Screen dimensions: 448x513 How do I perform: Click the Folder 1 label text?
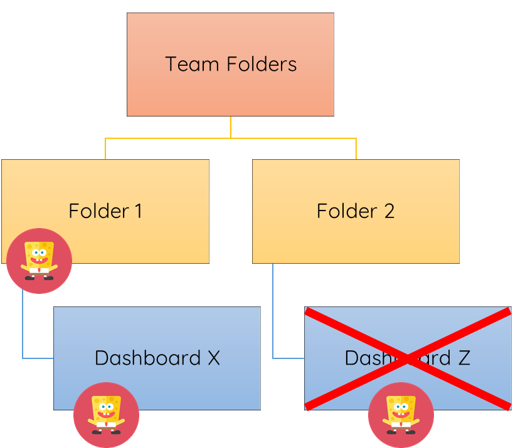[105, 211]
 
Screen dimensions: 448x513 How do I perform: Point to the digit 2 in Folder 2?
[389, 211]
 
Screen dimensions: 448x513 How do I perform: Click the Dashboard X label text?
[157, 358]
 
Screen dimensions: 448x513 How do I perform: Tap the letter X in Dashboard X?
[213, 358]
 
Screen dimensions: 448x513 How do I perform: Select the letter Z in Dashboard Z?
[463, 358]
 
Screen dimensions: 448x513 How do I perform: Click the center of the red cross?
[408, 359]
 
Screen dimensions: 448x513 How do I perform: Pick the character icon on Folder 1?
[39, 261]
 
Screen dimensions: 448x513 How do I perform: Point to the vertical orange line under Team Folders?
[230, 127]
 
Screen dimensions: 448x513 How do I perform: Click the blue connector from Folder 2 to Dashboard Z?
[273, 313]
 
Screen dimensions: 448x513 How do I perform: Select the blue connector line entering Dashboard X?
[38, 358]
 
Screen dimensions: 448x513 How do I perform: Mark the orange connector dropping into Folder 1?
[105, 149]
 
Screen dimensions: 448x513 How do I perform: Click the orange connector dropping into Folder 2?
[356, 149]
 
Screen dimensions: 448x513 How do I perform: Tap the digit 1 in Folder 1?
[138, 211]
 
